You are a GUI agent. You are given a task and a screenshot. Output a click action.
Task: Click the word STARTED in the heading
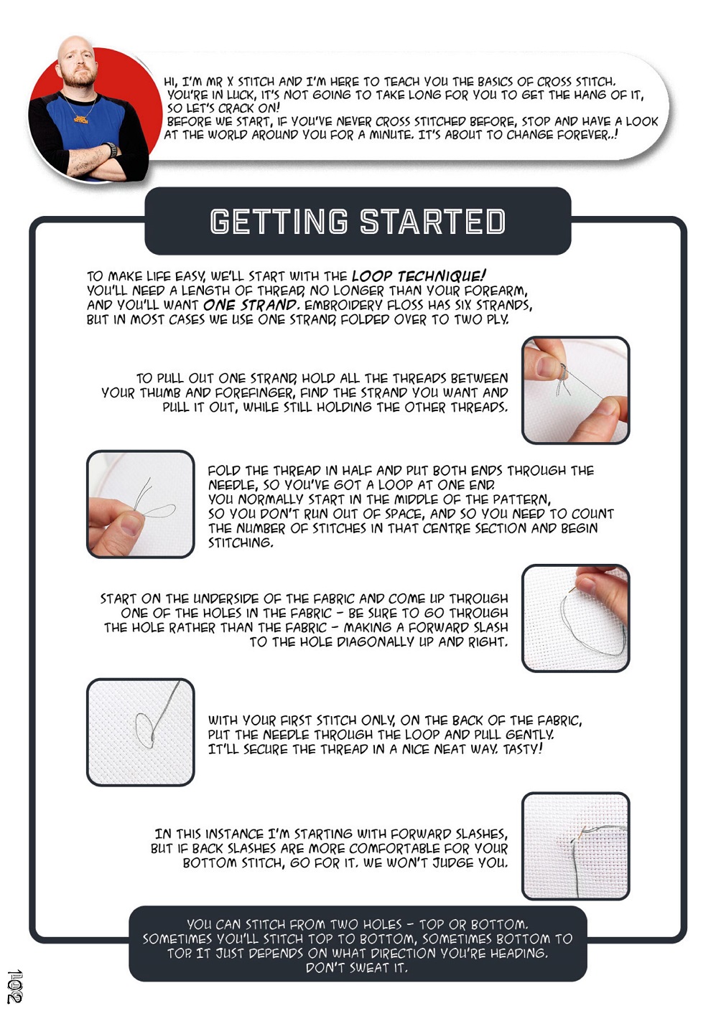coord(432,221)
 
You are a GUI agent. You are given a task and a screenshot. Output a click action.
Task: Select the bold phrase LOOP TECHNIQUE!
coord(419,276)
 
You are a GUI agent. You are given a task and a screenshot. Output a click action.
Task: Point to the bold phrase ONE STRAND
coord(251,305)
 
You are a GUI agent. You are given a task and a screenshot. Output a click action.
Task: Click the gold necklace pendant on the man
coord(82,119)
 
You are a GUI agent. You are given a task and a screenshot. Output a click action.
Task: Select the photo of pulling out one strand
coord(575,390)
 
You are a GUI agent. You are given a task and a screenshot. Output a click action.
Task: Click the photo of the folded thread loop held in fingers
coord(141,504)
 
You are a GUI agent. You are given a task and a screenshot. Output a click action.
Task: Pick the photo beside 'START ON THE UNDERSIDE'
coord(575,619)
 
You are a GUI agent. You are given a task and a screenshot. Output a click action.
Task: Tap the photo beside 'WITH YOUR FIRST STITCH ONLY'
coord(141,732)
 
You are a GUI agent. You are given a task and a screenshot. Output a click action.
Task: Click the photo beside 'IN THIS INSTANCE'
coord(575,846)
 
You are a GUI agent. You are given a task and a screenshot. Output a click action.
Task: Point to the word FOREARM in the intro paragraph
coord(496,290)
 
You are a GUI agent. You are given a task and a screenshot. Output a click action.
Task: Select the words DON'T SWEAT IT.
coord(357,967)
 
